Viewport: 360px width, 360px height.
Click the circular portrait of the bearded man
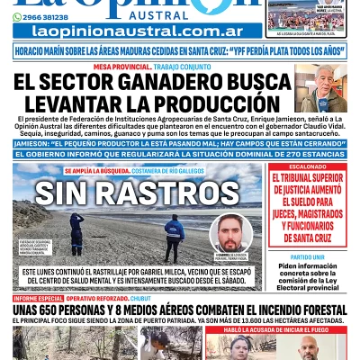(x=231, y=233)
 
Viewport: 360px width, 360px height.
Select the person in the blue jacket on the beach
(x=174, y=236)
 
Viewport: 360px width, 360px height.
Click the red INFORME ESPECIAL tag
(x=38, y=298)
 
